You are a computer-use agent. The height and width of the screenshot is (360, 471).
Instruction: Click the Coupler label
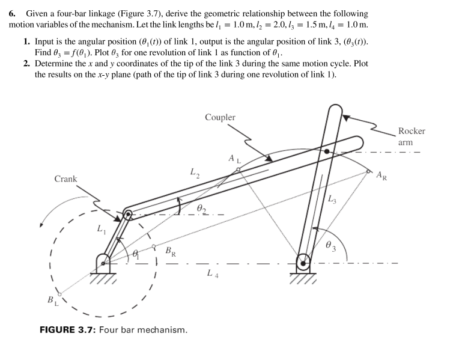click(x=220, y=117)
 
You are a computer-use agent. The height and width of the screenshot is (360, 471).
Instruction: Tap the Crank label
click(x=65, y=178)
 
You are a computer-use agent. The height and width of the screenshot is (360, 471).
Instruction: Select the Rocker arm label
click(x=411, y=136)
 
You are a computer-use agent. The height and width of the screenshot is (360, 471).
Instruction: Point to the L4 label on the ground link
click(x=210, y=274)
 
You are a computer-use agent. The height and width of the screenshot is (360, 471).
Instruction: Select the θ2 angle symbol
click(x=201, y=207)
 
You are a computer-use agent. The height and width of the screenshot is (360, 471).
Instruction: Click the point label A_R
click(x=381, y=175)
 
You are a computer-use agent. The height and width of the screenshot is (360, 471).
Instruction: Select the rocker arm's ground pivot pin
click(x=303, y=262)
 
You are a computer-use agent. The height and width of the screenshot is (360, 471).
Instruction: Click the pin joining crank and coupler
click(x=127, y=213)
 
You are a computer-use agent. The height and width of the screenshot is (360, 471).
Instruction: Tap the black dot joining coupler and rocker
click(x=327, y=151)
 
